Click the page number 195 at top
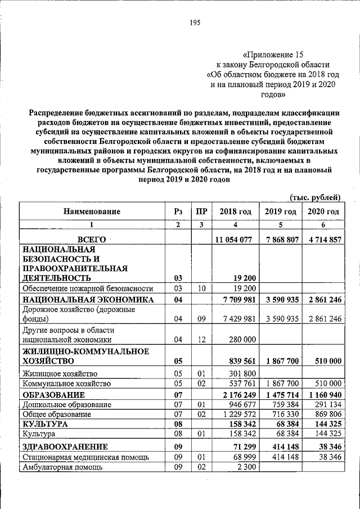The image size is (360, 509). point(195,23)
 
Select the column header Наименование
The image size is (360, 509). point(92,211)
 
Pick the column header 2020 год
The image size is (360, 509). point(323,211)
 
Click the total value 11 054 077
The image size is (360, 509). point(233,240)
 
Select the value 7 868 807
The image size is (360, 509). point(280,240)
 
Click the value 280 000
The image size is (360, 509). point(242,339)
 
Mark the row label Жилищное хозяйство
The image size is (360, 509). point(60,373)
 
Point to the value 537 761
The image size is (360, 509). point(243,384)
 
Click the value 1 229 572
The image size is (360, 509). point(240,414)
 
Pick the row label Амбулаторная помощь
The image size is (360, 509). point(61,467)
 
